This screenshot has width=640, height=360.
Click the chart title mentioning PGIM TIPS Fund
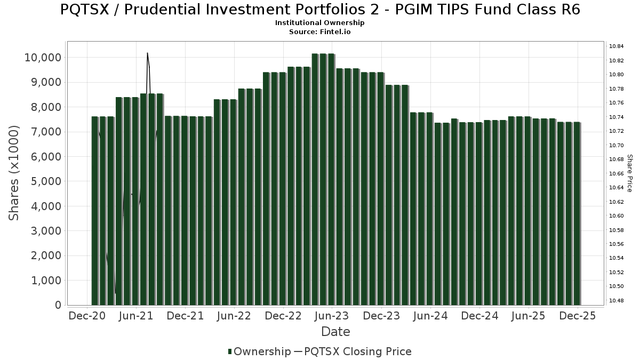coord(320,10)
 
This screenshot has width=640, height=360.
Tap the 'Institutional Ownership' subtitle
coord(320,23)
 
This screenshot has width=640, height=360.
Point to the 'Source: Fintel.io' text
coord(320,32)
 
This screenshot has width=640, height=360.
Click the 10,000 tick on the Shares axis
coord(43,58)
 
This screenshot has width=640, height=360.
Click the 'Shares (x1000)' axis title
coord(14,173)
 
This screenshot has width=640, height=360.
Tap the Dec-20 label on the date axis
coord(87,316)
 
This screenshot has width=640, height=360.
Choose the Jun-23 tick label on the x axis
coord(332,316)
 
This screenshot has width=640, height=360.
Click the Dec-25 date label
coord(578,316)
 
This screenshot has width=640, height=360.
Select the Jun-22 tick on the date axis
coord(234,316)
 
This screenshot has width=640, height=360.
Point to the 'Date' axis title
coord(335,332)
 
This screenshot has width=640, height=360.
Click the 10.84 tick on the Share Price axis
coord(617,46)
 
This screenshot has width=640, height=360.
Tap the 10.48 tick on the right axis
coord(617,301)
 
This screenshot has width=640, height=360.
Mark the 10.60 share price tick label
coord(617,216)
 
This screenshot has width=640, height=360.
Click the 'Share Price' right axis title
coord(629,173)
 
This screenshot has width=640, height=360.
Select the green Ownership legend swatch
coord(230,351)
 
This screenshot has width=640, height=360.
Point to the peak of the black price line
coord(147,53)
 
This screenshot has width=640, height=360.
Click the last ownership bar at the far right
coord(577,213)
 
